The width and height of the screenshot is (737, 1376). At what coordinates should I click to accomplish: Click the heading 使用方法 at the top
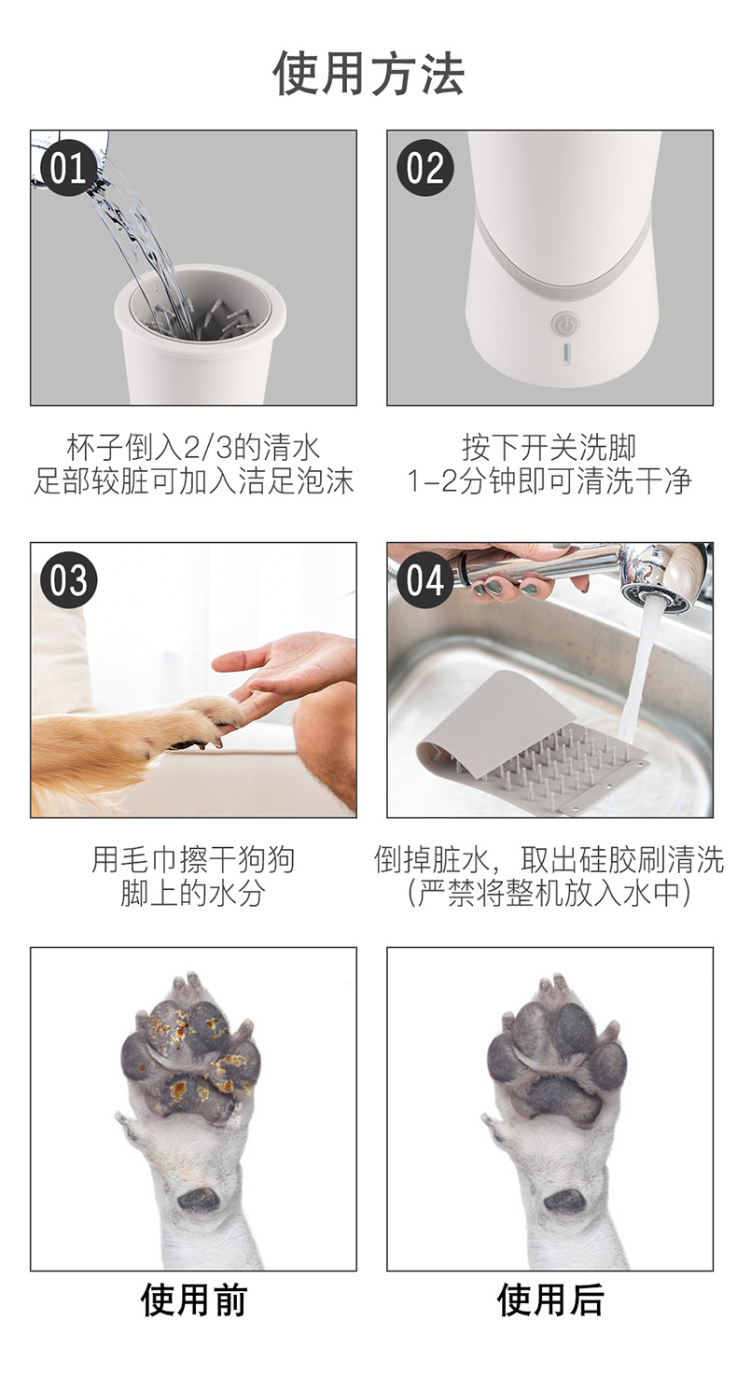pos(368,73)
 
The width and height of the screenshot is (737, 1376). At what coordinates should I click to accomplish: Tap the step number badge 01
pos(68,168)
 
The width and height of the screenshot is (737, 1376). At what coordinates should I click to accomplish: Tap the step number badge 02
pos(424,168)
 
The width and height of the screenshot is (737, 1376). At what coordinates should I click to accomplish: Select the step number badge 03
pos(68,580)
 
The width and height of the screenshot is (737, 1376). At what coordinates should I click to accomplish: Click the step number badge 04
pos(424,580)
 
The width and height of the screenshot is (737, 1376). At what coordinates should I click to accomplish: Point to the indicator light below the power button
pos(563,354)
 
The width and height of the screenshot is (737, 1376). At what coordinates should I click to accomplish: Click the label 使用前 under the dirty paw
pos(193,1300)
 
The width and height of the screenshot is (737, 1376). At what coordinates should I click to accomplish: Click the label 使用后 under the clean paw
pos(549,1300)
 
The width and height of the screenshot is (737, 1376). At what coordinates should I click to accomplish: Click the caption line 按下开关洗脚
pos(549,447)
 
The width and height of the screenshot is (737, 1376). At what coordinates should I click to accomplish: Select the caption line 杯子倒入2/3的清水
pos(193,447)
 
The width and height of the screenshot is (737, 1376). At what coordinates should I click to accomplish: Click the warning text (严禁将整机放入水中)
pos(549,893)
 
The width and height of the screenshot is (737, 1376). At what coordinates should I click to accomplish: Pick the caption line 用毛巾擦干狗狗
pos(193,859)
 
